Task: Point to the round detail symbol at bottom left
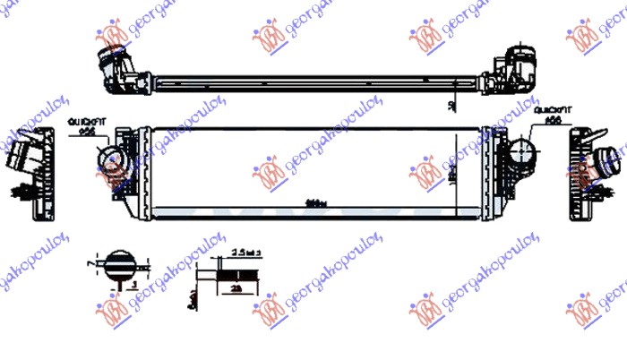(118, 266)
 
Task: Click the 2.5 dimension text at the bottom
(243, 253)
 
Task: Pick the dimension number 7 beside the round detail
(91, 266)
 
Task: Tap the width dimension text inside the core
(314, 201)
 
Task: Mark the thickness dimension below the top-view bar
(453, 106)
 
